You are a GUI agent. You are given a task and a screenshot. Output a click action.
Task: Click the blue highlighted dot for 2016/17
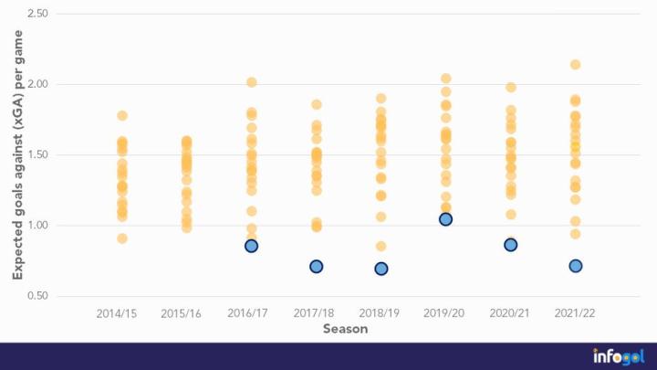[x=251, y=246]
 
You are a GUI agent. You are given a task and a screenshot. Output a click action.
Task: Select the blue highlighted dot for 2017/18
[x=317, y=267]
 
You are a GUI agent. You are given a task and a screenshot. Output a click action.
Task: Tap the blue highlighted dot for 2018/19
[x=381, y=269]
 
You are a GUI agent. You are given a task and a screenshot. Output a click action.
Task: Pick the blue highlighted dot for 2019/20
[x=446, y=219]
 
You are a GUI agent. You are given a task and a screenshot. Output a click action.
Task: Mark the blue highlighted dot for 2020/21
[x=511, y=245]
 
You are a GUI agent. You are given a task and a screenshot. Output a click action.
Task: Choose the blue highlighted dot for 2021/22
[x=576, y=266]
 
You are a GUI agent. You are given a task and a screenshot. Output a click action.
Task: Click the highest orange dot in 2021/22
[x=576, y=65]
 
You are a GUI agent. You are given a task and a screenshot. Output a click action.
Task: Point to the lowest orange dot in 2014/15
[x=122, y=238]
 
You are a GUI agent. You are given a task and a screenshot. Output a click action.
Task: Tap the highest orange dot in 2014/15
[x=122, y=116]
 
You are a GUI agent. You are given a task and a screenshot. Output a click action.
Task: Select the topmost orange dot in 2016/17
[x=251, y=82]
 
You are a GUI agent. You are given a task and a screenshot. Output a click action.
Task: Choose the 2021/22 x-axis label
[x=576, y=313]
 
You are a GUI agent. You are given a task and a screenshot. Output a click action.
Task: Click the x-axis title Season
[x=346, y=329]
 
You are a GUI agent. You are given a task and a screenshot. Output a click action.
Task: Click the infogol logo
[x=618, y=356]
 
